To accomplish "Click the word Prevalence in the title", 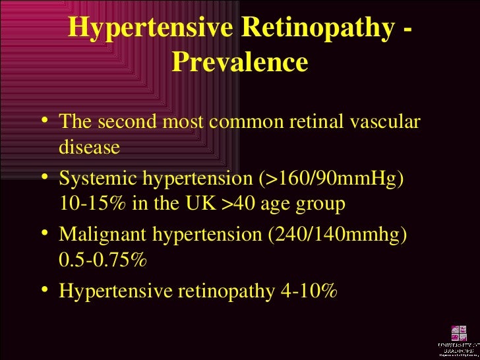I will click(x=239, y=62).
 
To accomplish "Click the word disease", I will click(x=90, y=147).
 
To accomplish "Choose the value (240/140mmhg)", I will click(x=340, y=236).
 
